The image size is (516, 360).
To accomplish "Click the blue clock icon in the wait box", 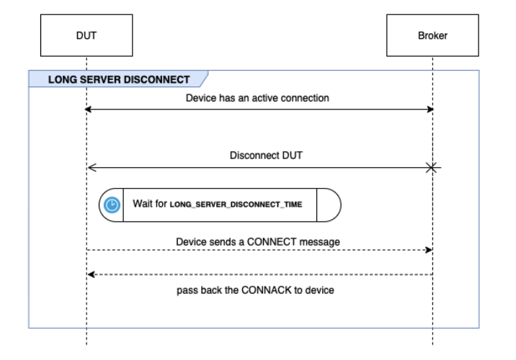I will [112, 204].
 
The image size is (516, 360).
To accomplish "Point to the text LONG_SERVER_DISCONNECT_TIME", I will [236, 204].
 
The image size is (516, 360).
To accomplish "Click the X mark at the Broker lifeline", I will [432, 168].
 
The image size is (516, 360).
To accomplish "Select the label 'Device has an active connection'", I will [258, 97].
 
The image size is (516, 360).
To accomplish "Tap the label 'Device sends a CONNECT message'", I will [258, 241].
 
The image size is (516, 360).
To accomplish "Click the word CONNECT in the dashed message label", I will [270, 241].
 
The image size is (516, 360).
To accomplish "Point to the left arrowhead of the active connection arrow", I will [89, 109].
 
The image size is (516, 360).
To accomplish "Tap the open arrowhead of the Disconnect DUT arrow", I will [89, 168].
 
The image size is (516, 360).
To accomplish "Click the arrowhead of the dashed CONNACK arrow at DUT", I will [89, 274].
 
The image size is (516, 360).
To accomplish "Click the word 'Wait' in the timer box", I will [141, 204].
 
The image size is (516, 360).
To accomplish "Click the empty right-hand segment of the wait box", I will [329, 204].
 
